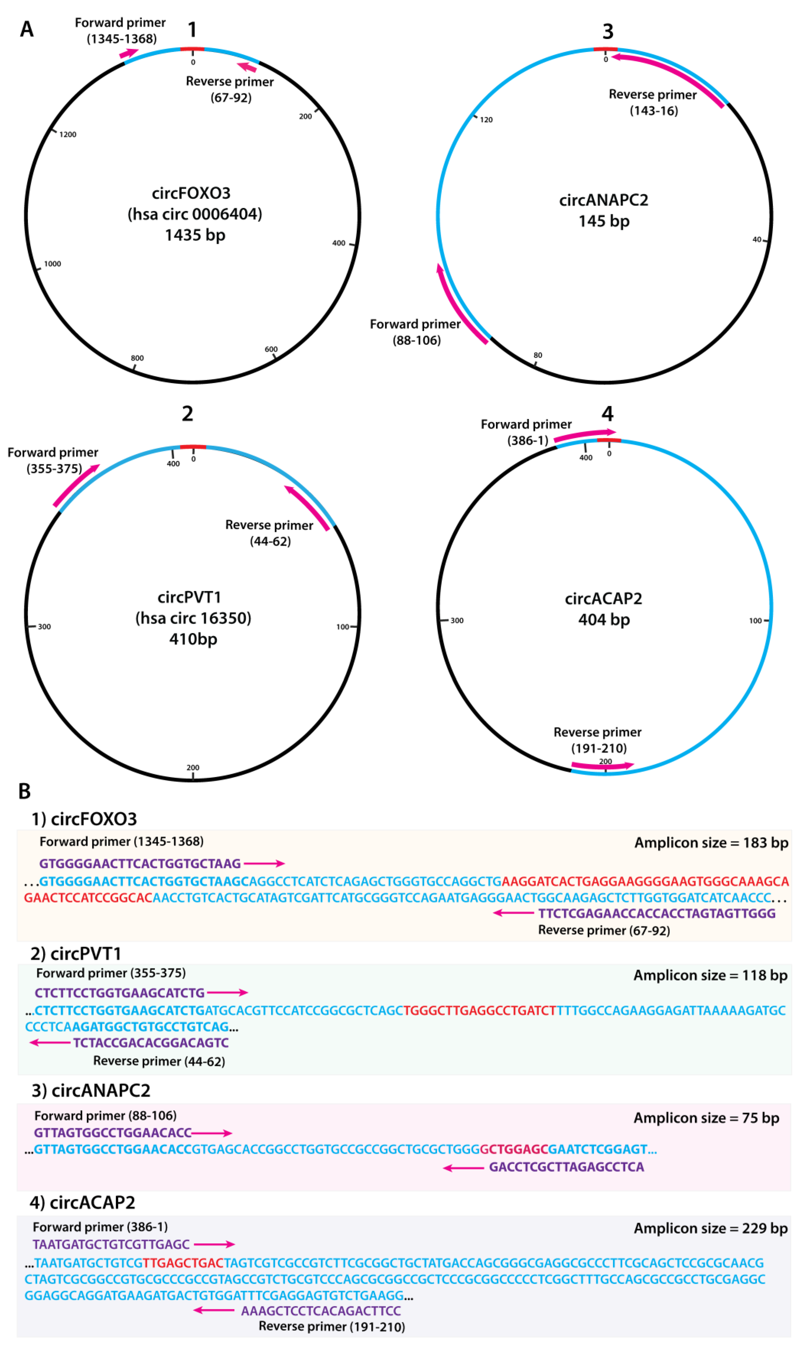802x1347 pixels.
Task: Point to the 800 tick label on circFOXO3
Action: [137, 358]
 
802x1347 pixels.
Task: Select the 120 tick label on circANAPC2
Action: [486, 120]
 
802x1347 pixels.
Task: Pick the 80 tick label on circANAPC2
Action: [538, 355]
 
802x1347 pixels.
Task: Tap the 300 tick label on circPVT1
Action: [44, 626]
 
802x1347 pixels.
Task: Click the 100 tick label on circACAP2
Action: [755, 620]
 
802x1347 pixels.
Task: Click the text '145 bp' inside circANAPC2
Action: [604, 221]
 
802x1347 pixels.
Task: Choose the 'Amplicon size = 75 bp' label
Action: [706, 1118]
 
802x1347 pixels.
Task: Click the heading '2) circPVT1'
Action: [76, 954]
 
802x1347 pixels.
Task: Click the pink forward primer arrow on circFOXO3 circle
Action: [129, 53]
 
